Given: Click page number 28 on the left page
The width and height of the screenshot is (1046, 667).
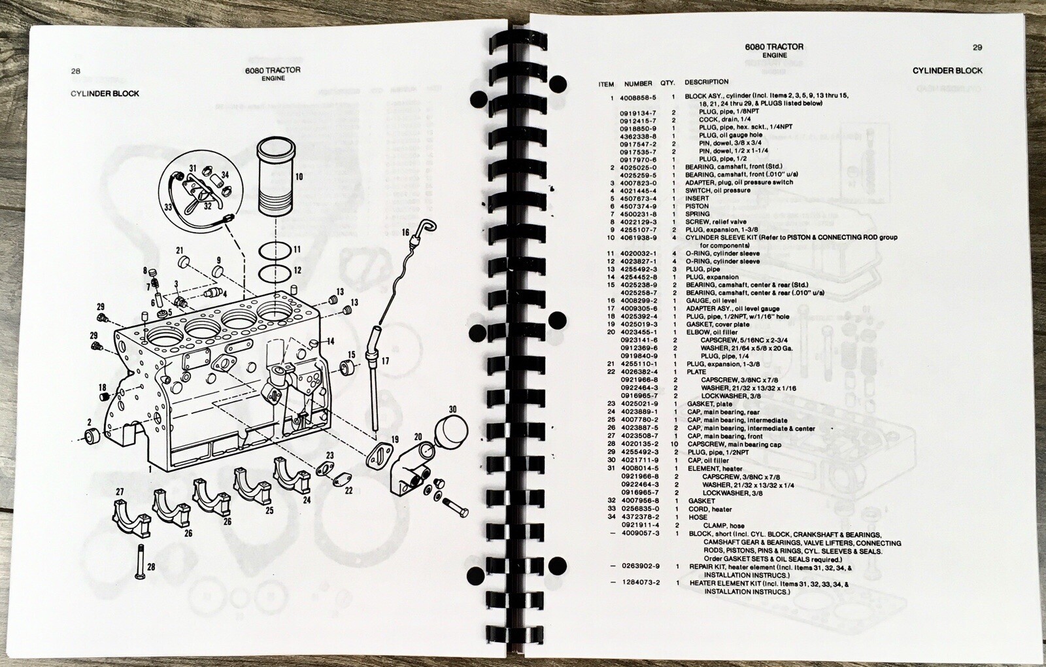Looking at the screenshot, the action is (x=76, y=71).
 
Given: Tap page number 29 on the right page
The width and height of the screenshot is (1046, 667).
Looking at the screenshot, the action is (x=977, y=47).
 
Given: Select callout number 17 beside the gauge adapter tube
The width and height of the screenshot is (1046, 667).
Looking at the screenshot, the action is (x=385, y=361).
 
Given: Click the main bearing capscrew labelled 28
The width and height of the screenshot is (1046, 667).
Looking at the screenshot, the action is (x=140, y=562).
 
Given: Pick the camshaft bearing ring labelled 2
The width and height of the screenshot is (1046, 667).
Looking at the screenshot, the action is (x=92, y=437).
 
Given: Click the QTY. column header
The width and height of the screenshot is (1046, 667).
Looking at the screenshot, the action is (x=667, y=82).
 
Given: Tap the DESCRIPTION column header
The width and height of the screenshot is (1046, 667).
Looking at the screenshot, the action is (x=707, y=82).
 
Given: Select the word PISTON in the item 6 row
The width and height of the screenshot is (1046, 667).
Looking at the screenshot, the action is (x=697, y=206).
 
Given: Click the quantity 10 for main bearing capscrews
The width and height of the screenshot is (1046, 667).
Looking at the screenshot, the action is (x=674, y=444).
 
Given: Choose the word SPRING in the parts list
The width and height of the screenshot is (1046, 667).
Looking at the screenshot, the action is (x=698, y=214).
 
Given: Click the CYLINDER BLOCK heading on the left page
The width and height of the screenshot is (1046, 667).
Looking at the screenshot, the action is (x=105, y=94).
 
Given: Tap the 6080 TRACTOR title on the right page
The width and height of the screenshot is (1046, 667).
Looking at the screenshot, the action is (x=774, y=46).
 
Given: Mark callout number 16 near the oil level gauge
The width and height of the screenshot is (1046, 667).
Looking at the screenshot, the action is (x=405, y=233).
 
